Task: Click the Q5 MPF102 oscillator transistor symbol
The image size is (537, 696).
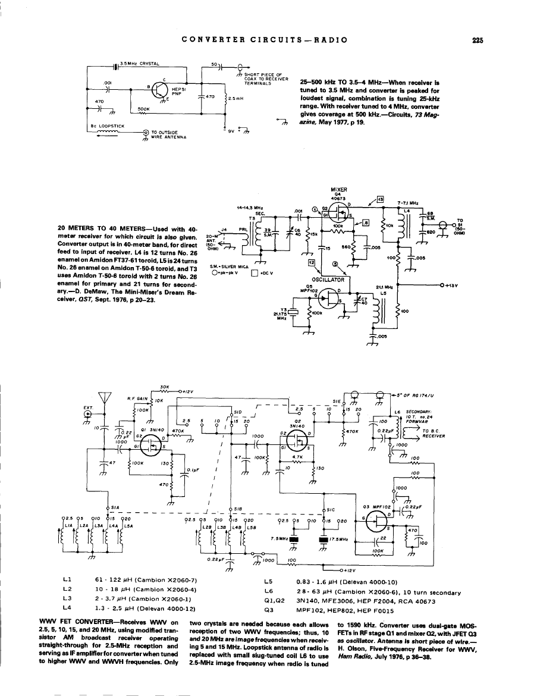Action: pyautogui.click(x=329, y=296)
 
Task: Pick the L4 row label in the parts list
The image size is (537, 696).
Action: pyautogui.click(x=67, y=609)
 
